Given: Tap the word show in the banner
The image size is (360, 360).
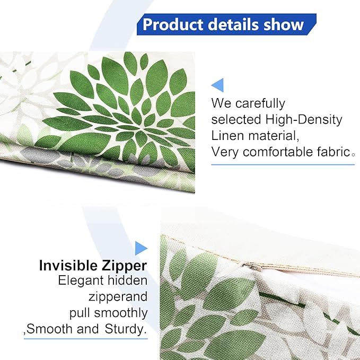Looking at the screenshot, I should [x=284, y=24].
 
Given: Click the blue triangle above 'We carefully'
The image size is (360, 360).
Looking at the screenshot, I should [x=217, y=85].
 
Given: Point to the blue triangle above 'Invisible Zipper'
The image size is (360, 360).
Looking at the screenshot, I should [x=141, y=248].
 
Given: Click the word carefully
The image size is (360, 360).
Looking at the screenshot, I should [x=259, y=103].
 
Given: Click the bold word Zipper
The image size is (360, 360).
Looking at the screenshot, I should [x=125, y=265].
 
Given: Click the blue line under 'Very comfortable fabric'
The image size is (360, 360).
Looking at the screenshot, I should [x=283, y=164].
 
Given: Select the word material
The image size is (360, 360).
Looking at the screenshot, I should [x=269, y=136].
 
